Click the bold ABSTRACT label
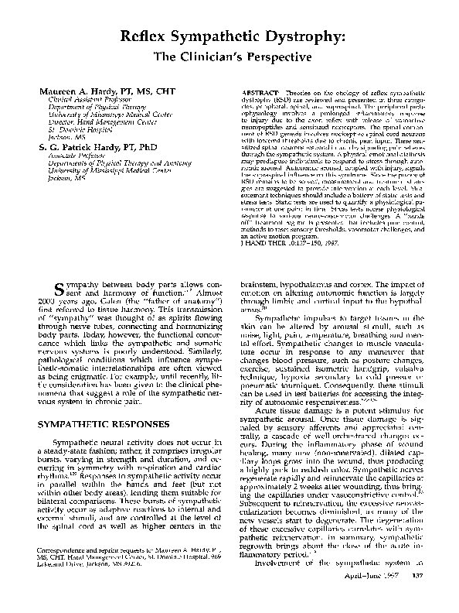coord(258,91)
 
